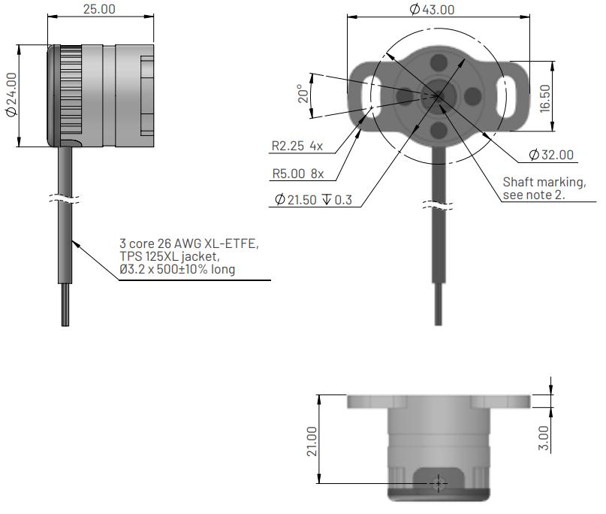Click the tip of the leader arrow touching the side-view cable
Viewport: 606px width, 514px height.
point(72,240)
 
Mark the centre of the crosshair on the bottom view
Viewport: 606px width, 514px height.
point(439,483)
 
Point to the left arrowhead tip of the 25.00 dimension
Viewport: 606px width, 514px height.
point(47,17)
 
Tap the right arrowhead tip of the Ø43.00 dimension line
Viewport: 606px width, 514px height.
point(530,17)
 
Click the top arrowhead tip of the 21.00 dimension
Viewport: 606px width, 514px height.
point(319,395)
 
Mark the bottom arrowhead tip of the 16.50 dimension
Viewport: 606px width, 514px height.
point(552,131)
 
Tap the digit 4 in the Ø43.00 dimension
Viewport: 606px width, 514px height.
point(427,10)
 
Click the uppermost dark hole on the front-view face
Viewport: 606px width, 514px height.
point(439,62)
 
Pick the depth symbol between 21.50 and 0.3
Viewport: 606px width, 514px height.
point(327,199)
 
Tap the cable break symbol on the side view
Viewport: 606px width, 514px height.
point(65,199)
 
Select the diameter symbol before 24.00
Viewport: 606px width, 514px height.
point(11,112)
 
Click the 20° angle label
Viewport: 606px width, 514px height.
point(304,94)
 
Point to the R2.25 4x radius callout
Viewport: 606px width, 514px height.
point(297,146)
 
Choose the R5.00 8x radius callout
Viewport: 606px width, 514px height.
point(298,174)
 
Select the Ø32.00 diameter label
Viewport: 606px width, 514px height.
point(551,155)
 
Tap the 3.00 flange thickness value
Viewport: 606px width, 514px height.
point(544,438)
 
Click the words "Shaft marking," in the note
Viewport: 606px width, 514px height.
point(544,182)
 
